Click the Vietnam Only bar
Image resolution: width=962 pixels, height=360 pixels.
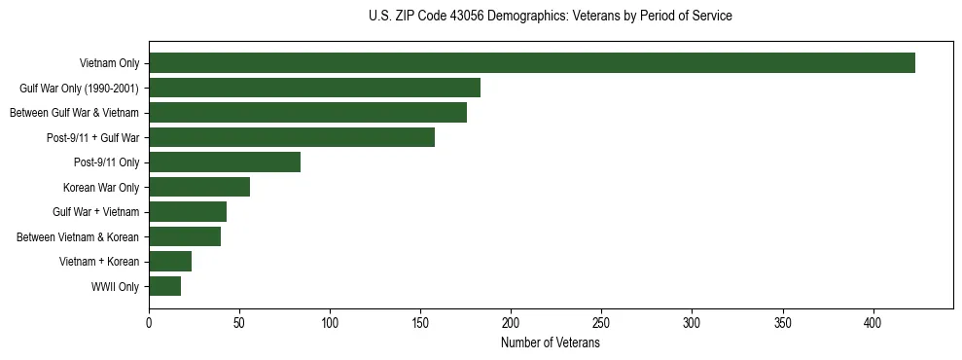coord(532,63)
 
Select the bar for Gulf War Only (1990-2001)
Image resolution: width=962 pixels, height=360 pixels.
coord(314,88)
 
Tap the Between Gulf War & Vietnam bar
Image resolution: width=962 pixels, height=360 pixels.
coord(307,113)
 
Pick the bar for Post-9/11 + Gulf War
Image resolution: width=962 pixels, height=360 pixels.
coord(292,137)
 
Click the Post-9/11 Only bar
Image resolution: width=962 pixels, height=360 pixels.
coord(225,162)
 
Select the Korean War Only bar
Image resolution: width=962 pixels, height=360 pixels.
coord(199,187)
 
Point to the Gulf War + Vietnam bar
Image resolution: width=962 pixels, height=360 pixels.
coord(188,212)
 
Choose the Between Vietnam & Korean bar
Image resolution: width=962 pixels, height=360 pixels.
coord(185,236)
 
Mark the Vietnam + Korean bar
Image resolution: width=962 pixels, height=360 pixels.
coord(170,262)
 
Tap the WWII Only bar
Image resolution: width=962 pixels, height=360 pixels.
coord(164,286)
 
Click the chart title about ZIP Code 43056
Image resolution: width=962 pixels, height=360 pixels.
coord(551,17)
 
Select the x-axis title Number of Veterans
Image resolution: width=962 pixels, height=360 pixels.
coord(551,343)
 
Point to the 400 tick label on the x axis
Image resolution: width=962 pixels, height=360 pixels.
coord(873,322)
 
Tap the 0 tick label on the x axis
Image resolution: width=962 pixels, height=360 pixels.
coord(149,322)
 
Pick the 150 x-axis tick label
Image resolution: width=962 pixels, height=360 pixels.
coord(420,322)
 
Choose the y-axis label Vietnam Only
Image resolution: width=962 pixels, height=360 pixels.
coord(109,64)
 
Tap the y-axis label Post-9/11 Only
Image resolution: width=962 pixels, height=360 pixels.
coord(106,162)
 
